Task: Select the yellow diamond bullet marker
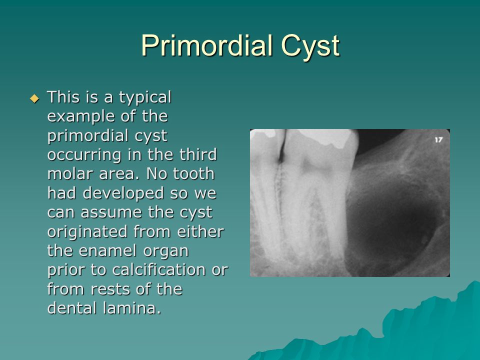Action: point(34,98)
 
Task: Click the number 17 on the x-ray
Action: point(438,140)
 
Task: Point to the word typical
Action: point(145,97)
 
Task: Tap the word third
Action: point(198,155)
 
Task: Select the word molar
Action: point(69,174)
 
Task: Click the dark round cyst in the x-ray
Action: point(395,220)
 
